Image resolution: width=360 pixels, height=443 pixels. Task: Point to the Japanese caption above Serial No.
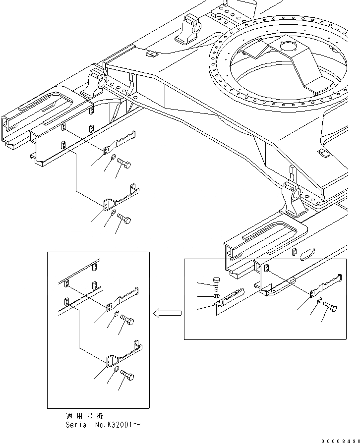click(x=85, y=416)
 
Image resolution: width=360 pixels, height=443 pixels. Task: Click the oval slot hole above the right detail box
click(x=305, y=252)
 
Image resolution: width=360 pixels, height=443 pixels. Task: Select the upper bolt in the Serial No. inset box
click(x=126, y=321)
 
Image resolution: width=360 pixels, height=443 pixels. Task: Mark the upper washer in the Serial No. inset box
click(x=116, y=315)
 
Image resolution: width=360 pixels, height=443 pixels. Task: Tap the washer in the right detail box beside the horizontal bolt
click(x=319, y=300)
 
